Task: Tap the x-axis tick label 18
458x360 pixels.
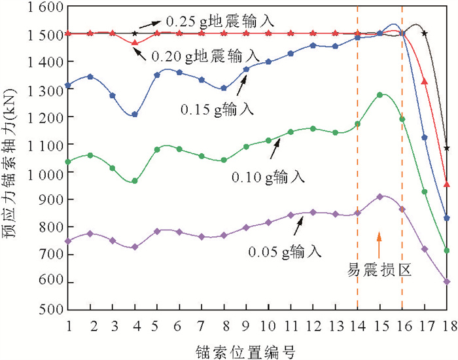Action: [x=447, y=325]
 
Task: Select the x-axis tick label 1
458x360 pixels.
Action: [x=68, y=325]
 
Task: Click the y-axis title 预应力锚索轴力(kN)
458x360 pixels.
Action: [x=13, y=157]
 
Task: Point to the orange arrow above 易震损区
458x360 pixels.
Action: [x=379, y=242]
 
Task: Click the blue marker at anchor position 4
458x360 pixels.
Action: [x=135, y=115]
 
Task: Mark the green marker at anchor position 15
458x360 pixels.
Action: [x=380, y=96]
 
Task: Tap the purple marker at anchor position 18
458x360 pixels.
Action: [x=447, y=282]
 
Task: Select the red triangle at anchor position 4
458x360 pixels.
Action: [x=135, y=43]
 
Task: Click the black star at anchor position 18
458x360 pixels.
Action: [x=447, y=149]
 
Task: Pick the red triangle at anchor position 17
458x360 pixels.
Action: [x=425, y=81]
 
